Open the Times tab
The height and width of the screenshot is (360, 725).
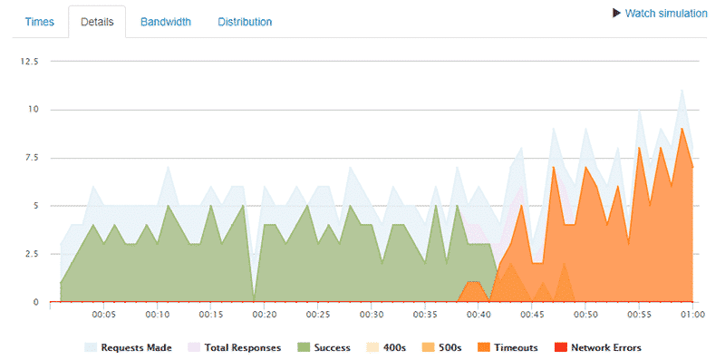[39, 22]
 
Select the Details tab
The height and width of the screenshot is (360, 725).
[97, 22]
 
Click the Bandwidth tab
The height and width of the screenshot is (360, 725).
[165, 22]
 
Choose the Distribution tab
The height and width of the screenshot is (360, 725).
[245, 22]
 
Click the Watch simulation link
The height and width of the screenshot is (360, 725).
[666, 14]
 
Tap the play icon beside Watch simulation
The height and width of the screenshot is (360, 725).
[617, 14]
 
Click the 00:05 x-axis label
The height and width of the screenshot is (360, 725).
[104, 316]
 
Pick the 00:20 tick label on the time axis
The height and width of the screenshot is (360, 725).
[265, 316]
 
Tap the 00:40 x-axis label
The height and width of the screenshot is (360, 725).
[478, 316]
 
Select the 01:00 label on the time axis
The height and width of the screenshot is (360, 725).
[692, 316]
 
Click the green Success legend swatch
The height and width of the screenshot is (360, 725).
[304, 347]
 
